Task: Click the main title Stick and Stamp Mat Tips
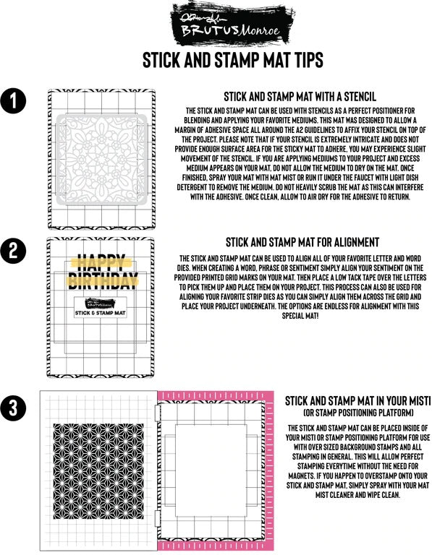pyautogui.click(x=216, y=59)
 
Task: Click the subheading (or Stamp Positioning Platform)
pyautogui.click(x=357, y=413)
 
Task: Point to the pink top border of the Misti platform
pyautogui.click(x=217, y=396)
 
